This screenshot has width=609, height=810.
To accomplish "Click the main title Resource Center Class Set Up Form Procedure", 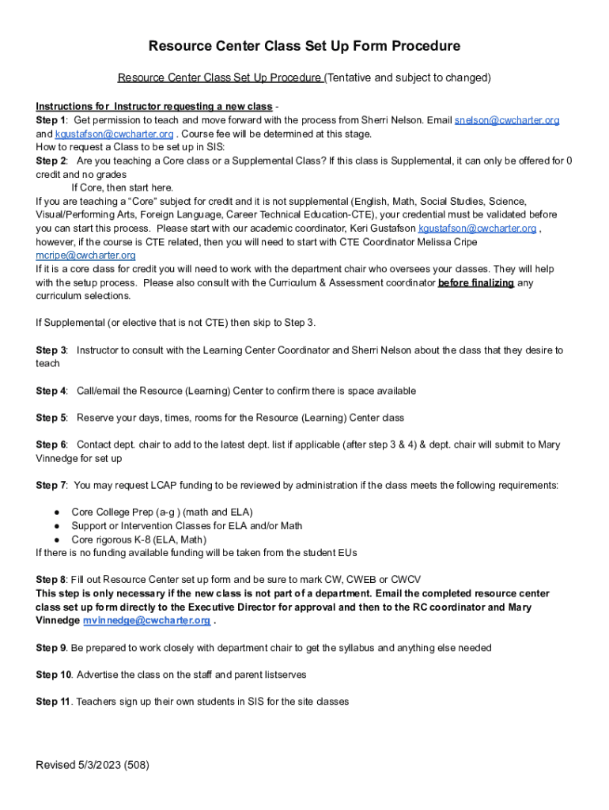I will tap(304, 47).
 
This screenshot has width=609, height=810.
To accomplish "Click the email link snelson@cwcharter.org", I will tap(507, 120).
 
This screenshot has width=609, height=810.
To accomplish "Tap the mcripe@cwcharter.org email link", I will tap(85, 255).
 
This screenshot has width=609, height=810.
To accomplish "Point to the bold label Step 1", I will tap(51, 120).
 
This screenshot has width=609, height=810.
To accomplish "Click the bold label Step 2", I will tap(51, 161).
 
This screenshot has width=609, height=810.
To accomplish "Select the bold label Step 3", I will tap(51, 350).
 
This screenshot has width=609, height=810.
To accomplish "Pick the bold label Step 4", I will tap(51, 391).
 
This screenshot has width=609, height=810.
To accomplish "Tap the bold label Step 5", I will tap(51, 418).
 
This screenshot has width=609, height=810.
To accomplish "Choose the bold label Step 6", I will tap(51, 445).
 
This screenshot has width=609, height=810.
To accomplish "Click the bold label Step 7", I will tap(51, 485).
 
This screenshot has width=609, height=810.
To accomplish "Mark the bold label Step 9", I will tap(51, 648).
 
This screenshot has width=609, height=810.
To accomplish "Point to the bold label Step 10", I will tap(54, 675).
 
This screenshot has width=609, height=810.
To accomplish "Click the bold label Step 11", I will tap(54, 702).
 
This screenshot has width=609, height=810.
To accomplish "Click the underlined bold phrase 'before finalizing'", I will tap(476, 282).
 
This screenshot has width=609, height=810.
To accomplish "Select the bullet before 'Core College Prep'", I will tap(58, 513).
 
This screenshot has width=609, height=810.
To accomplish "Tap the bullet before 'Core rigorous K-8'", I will tap(58, 539).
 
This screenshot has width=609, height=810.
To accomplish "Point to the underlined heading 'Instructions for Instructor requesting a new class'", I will tap(153, 107).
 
